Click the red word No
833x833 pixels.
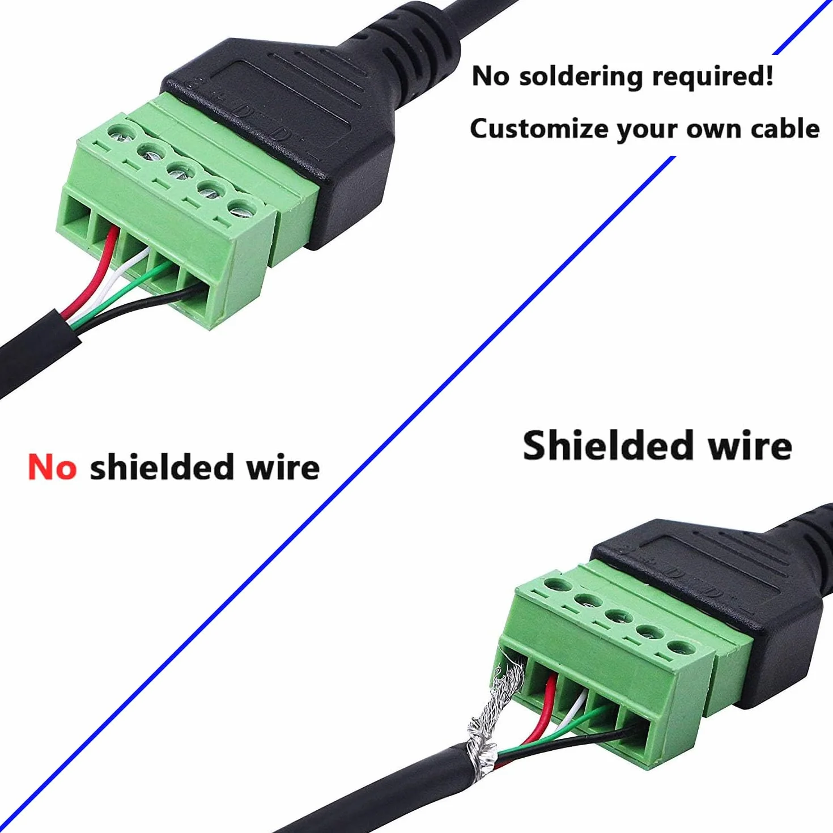click(52, 467)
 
